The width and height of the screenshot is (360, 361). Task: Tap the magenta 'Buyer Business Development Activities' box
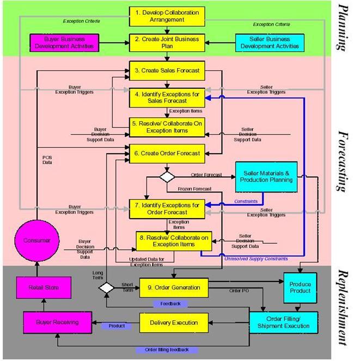click(64, 43)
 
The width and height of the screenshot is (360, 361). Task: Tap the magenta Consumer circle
click(38, 240)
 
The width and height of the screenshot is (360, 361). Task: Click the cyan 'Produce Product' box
click(300, 287)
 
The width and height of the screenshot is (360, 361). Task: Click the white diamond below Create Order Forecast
click(166, 177)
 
